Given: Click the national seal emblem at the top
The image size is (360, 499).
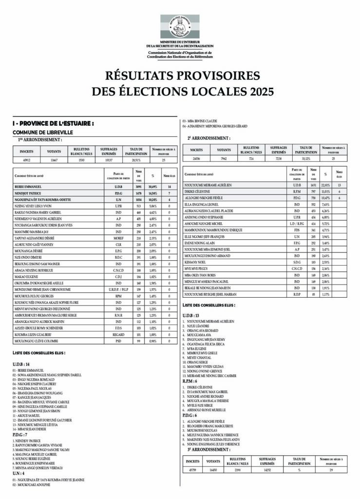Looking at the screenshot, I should (x=180, y=27).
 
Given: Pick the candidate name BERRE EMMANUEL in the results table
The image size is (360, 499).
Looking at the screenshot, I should (x=29, y=187).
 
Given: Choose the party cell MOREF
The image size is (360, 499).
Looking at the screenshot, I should (x=118, y=238).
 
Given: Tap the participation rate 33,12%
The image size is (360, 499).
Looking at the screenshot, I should (x=306, y=158).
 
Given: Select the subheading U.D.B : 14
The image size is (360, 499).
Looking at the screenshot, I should (x=21, y=364).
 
